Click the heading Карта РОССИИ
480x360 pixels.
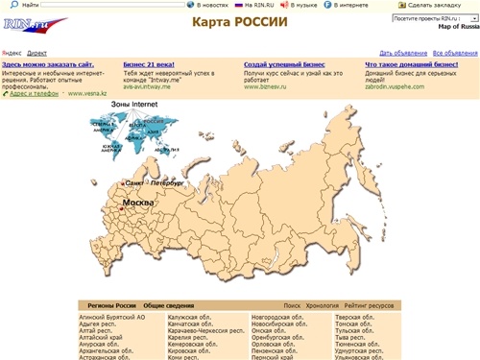click(239, 22)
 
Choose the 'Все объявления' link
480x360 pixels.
click(455, 52)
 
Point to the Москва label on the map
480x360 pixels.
click(137, 204)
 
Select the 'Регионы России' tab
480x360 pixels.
click(112, 304)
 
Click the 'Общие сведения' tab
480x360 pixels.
click(168, 304)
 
